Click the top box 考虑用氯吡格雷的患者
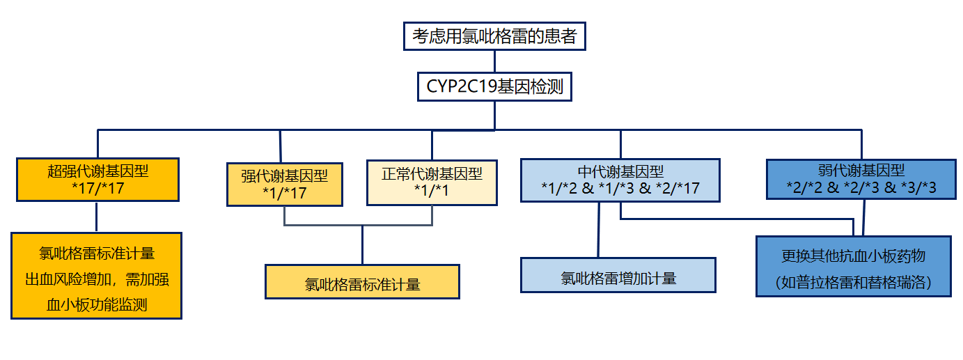coord(494,36)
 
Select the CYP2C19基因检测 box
coord(494,86)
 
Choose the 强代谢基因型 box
coord(284,185)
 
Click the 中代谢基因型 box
coord(620,180)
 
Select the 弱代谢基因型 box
coord(861,180)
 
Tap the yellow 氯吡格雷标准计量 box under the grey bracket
coord(362,282)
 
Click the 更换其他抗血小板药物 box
coord(854,266)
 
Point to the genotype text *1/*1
coord(432,190)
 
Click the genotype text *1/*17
coord(284,194)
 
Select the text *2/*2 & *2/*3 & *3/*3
coord(861,188)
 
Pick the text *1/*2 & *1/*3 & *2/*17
coord(620,188)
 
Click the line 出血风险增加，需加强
coord(97,279)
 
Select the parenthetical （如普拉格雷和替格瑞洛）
coord(854,283)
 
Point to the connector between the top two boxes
coord(494,61)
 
